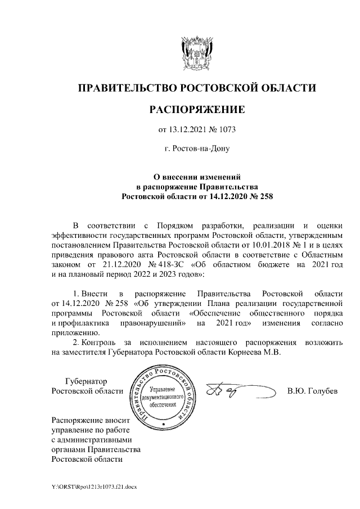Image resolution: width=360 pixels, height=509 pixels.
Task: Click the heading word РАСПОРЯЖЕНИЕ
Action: coord(196,109)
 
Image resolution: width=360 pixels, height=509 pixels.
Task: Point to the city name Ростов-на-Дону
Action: coord(196,150)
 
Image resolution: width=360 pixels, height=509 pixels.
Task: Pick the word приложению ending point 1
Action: coord(71,332)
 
